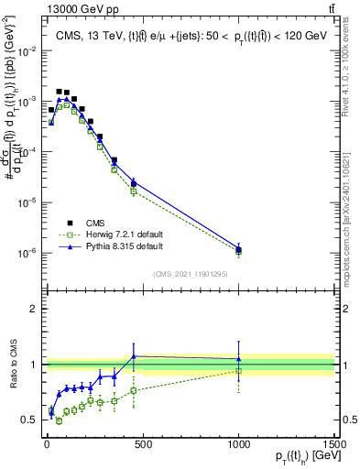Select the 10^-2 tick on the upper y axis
[x=27, y=51]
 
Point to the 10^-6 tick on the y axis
[x=27, y=253]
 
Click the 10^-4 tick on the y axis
[x=27, y=152]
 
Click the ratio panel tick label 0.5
[x=31, y=420]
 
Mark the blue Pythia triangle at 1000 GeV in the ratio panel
[x=238, y=358]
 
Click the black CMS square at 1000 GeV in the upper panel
[x=238, y=249]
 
